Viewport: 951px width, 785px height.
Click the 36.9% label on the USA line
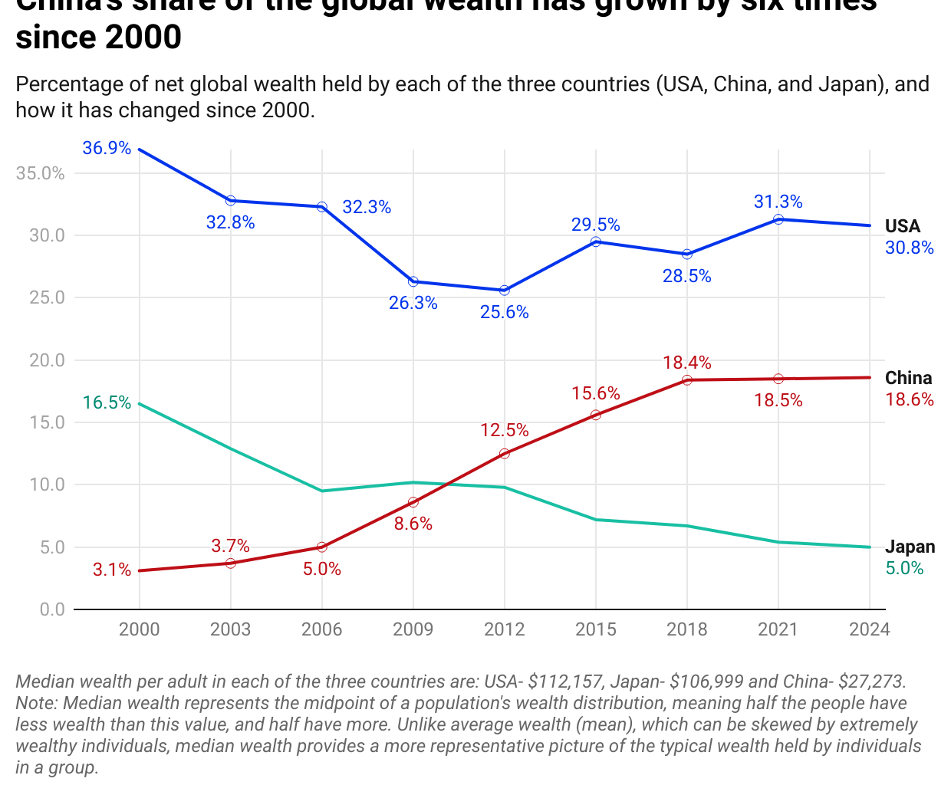(x=107, y=148)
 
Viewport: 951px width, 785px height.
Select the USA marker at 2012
(x=505, y=291)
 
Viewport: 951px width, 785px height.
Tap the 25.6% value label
(x=505, y=312)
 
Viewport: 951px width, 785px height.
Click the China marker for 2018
(x=687, y=380)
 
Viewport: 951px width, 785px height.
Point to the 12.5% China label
(x=505, y=430)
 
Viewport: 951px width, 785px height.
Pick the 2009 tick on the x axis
(x=413, y=629)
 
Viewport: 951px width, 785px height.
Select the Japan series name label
(x=910, y=547)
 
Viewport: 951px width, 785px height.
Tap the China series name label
(x=908, y=378)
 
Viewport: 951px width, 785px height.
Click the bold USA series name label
(x=902, y=226)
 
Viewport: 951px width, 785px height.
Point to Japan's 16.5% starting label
(x=107, y=402)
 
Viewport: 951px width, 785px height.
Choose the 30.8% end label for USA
(x=910, y=248)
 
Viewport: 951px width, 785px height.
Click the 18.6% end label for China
(x=910, y=399)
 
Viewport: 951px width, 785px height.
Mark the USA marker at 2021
(x=778, y=219)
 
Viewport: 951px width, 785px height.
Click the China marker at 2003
(x=230, y=563)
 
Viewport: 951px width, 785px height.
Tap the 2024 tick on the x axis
(x=869, y=629)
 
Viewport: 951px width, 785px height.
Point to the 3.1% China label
(x=112, y=570)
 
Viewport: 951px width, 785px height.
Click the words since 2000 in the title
(x=98, y=38)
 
